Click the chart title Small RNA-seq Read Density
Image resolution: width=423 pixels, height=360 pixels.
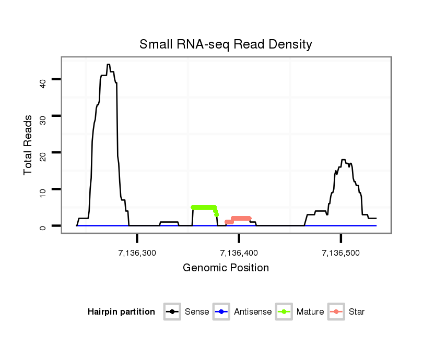[x=226, y=44]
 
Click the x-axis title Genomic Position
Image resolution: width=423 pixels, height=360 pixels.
[x=226, y=268]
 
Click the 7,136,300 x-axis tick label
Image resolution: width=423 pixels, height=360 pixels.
[x=137, y=253]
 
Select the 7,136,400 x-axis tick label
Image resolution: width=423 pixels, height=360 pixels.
[x=239, y=253]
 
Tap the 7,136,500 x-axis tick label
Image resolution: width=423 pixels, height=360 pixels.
[x=341, y=253]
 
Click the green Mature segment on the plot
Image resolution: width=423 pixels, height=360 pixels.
[x=204, y=207]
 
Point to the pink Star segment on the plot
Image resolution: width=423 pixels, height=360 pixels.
[x=241, y=218]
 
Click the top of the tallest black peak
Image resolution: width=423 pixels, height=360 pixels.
[x=108, y=65]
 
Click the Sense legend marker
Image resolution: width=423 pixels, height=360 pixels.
[x=172, y=312]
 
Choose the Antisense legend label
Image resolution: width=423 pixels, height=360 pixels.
[x=253, y=312]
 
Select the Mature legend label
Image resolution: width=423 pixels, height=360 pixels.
[x=310, y=312]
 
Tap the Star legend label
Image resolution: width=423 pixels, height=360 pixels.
[x=357, y=312]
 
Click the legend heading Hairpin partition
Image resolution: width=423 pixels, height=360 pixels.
[x=121, y=312]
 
